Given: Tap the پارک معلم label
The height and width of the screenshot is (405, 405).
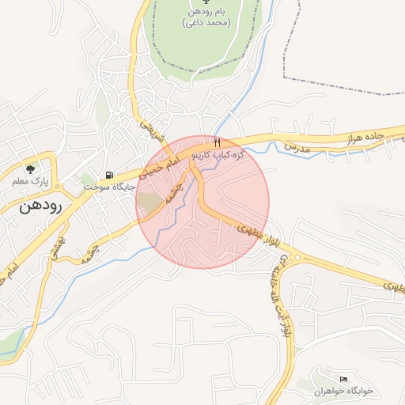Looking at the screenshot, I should [30, 182].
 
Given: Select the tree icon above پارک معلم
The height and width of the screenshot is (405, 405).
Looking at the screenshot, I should [30, 169].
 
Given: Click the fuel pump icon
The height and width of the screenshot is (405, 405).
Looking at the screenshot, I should [108, 175].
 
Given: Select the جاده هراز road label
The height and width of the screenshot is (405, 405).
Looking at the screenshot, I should [363, 138].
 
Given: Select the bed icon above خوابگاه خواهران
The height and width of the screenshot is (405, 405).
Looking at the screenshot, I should [342, 380].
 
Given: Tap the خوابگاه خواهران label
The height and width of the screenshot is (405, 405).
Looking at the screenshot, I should [343, 392].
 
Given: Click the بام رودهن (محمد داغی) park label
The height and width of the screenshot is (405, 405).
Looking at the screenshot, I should [209, 17].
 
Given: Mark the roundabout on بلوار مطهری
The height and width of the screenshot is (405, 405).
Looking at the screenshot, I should [297, 257].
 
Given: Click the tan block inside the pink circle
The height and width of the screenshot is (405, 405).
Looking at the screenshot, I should [149, 202].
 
